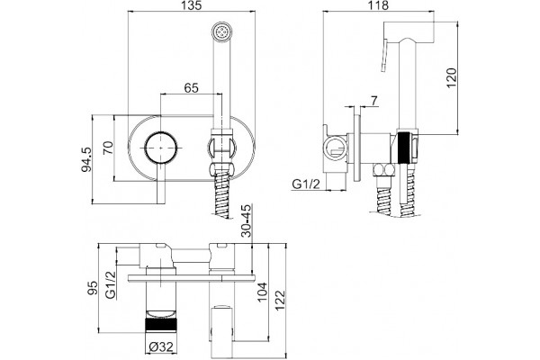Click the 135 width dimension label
(x=192, y=5)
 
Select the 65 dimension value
(x=191, y=88)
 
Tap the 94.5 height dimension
(x=86, y=159)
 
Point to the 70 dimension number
(x=108, y=148)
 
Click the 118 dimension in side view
(x=379, y=5)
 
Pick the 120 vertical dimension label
(x=452, y=78)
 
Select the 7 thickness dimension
(x=374, y=101)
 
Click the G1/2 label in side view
(x=306, y=184)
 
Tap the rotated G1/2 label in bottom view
(x=110, y=285)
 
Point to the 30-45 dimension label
(x=247, y=220)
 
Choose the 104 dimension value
(x=263, y=292)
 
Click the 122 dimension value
(x=280, y=301)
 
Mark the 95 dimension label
(x=93, y=288)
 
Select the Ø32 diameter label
(x=161, y=346)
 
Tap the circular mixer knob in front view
(x=161, y=147)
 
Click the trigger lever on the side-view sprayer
(x=385, y=56)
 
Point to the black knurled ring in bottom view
(x=161, y=325)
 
